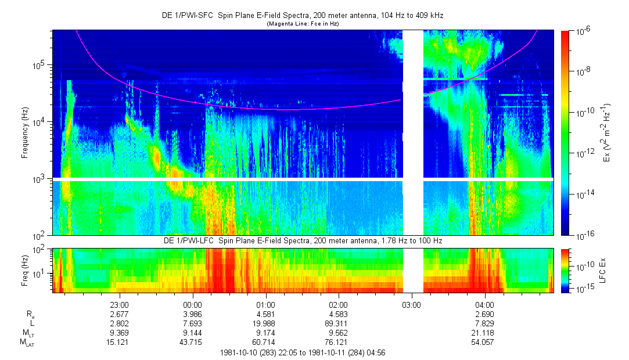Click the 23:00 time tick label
[x=119, y=304]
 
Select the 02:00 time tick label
[x=338, y=304]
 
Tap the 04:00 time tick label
[x=484, y=304]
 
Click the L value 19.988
[x=265, y=323]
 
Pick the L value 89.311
[x=338, y=323]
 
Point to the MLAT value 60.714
[x=265, y=343]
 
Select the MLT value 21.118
[x=484, y=333]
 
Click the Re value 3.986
[x=192, y=314]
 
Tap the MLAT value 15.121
[x=119, y=343]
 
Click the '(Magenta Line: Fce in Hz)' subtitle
[x=303, y=24]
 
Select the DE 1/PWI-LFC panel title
[x=303, y=240]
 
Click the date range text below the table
[x=303, y=352]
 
